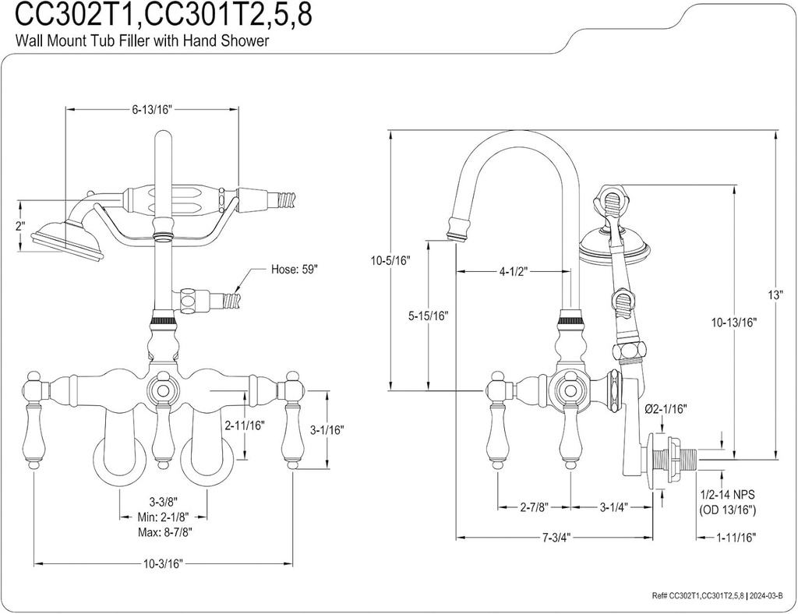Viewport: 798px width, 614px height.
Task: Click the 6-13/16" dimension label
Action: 150,110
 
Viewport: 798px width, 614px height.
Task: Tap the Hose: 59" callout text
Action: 295,269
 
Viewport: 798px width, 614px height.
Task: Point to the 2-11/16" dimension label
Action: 245,425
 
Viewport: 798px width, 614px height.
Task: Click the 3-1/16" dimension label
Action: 327,429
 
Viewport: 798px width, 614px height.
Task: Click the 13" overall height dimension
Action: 775,295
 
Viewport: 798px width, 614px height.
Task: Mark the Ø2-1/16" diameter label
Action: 665,408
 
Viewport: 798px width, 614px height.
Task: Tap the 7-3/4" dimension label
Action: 554,538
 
